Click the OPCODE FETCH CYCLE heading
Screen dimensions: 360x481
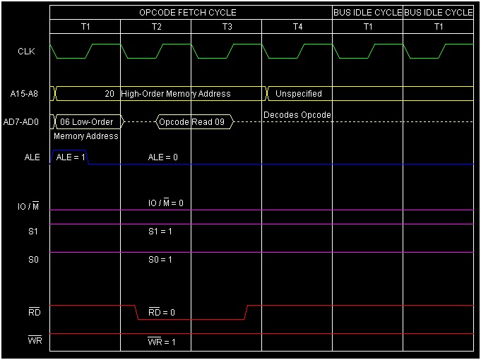point(187,13)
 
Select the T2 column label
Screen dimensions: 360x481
point(156,27)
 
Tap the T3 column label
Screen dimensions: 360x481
point(227,27)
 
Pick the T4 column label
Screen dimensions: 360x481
point(297,27)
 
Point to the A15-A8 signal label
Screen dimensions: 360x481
point(25,94)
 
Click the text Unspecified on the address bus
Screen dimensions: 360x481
point(299,94)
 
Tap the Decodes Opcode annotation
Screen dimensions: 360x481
point(297,115)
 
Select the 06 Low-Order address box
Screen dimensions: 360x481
point(87,122)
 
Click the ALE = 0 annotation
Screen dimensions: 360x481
point(162,157)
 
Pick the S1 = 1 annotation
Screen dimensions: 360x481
point(160,232)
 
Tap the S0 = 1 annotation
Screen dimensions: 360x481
point(160,260)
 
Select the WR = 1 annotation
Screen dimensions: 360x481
point(162,342)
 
